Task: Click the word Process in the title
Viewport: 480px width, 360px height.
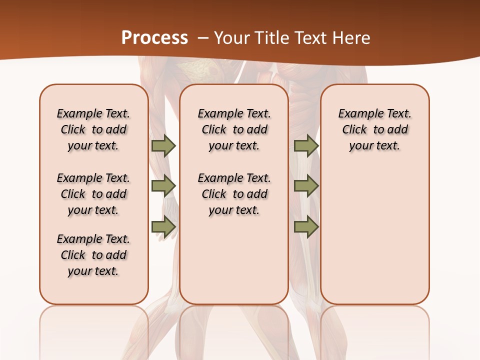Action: (154, 38)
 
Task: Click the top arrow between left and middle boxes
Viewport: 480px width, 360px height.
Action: (163, 145)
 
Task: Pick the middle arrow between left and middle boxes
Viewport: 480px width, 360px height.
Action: (163, 186)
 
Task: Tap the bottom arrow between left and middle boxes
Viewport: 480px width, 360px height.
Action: (163, 227)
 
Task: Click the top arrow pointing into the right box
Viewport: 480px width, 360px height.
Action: (306, 145)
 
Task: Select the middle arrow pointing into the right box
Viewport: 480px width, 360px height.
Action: (306, 186)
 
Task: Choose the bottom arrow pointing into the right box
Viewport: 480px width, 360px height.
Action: (306, 227)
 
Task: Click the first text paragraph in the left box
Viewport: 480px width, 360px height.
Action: (93, 129)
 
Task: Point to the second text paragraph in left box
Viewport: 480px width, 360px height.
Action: (93, 194)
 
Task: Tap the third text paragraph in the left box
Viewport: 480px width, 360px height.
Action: (93, 255)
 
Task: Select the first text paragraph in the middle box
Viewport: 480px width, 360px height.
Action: (234, 129)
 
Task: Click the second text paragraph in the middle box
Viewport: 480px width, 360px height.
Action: (234, 194)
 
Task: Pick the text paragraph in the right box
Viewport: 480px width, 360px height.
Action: (374, 129)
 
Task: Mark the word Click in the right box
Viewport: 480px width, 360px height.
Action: (354, 129)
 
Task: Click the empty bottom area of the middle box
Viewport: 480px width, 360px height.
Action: (234, 265)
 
